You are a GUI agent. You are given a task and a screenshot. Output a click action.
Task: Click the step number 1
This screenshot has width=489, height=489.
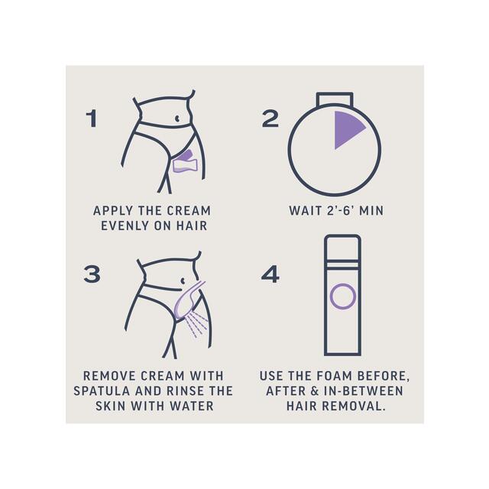(92, 118)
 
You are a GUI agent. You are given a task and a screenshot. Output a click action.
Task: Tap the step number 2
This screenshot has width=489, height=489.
(270, 118)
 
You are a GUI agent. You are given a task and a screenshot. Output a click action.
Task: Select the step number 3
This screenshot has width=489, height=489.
(92, 274)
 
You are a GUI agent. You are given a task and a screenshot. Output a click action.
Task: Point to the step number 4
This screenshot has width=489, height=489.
(270, 274)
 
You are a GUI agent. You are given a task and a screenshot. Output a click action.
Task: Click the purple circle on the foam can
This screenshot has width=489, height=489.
(342, 295)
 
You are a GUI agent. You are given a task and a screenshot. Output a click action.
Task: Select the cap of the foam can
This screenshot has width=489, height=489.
(342, 244)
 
